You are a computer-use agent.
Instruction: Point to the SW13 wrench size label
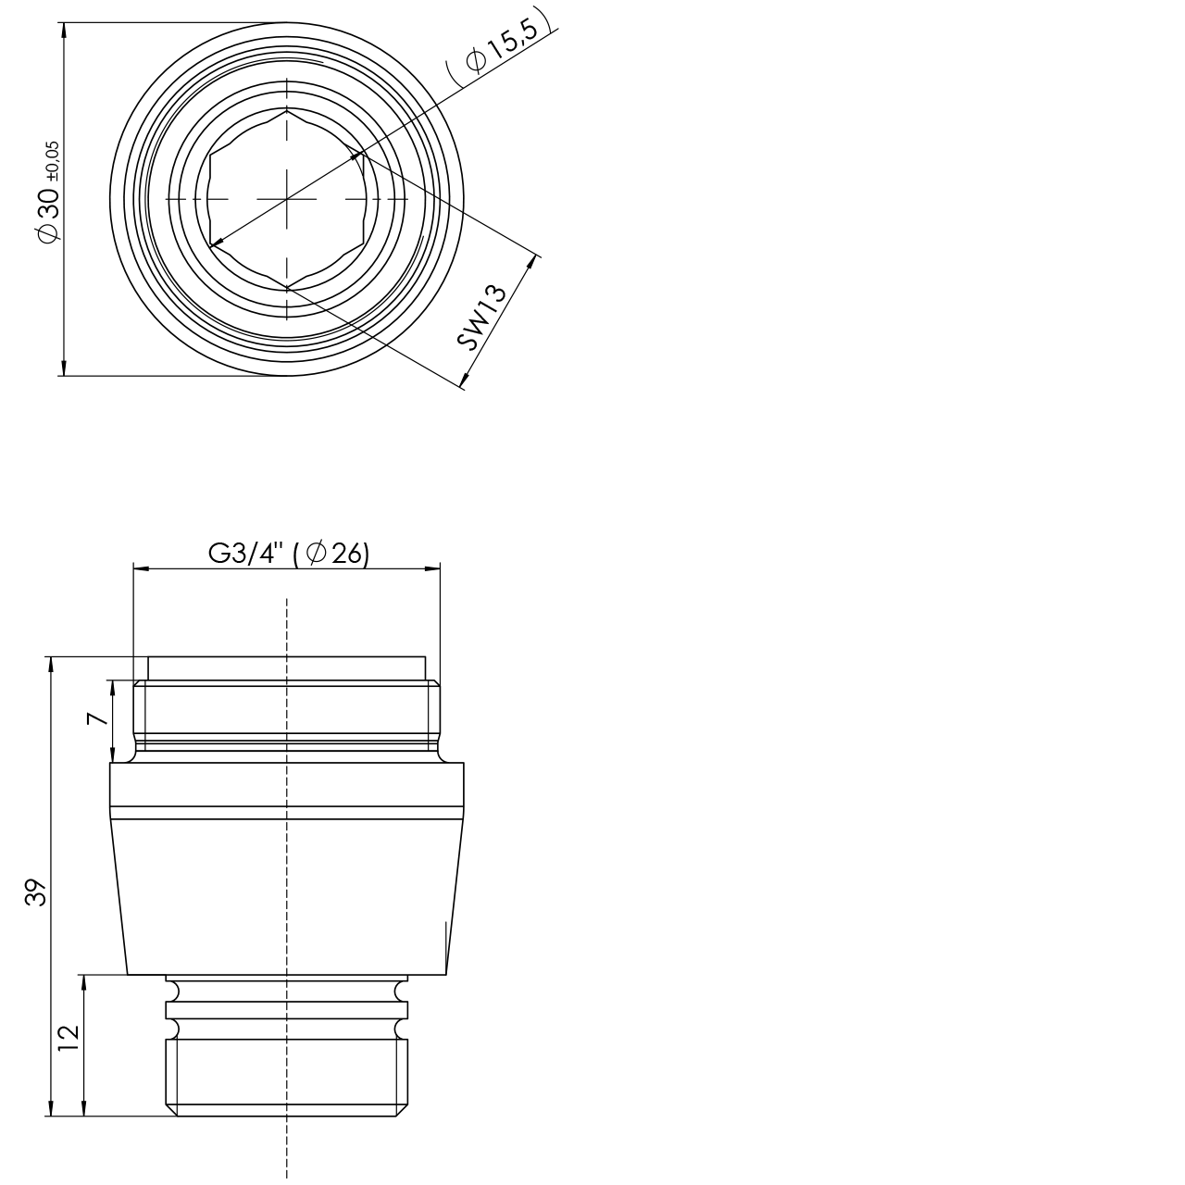pos(482,317)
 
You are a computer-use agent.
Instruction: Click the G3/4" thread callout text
pos(246,554)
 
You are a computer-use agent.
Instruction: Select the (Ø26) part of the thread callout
pos(331,554)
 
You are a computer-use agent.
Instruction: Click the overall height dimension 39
pos(35,893)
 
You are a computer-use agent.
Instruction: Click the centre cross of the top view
pos(287,199)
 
